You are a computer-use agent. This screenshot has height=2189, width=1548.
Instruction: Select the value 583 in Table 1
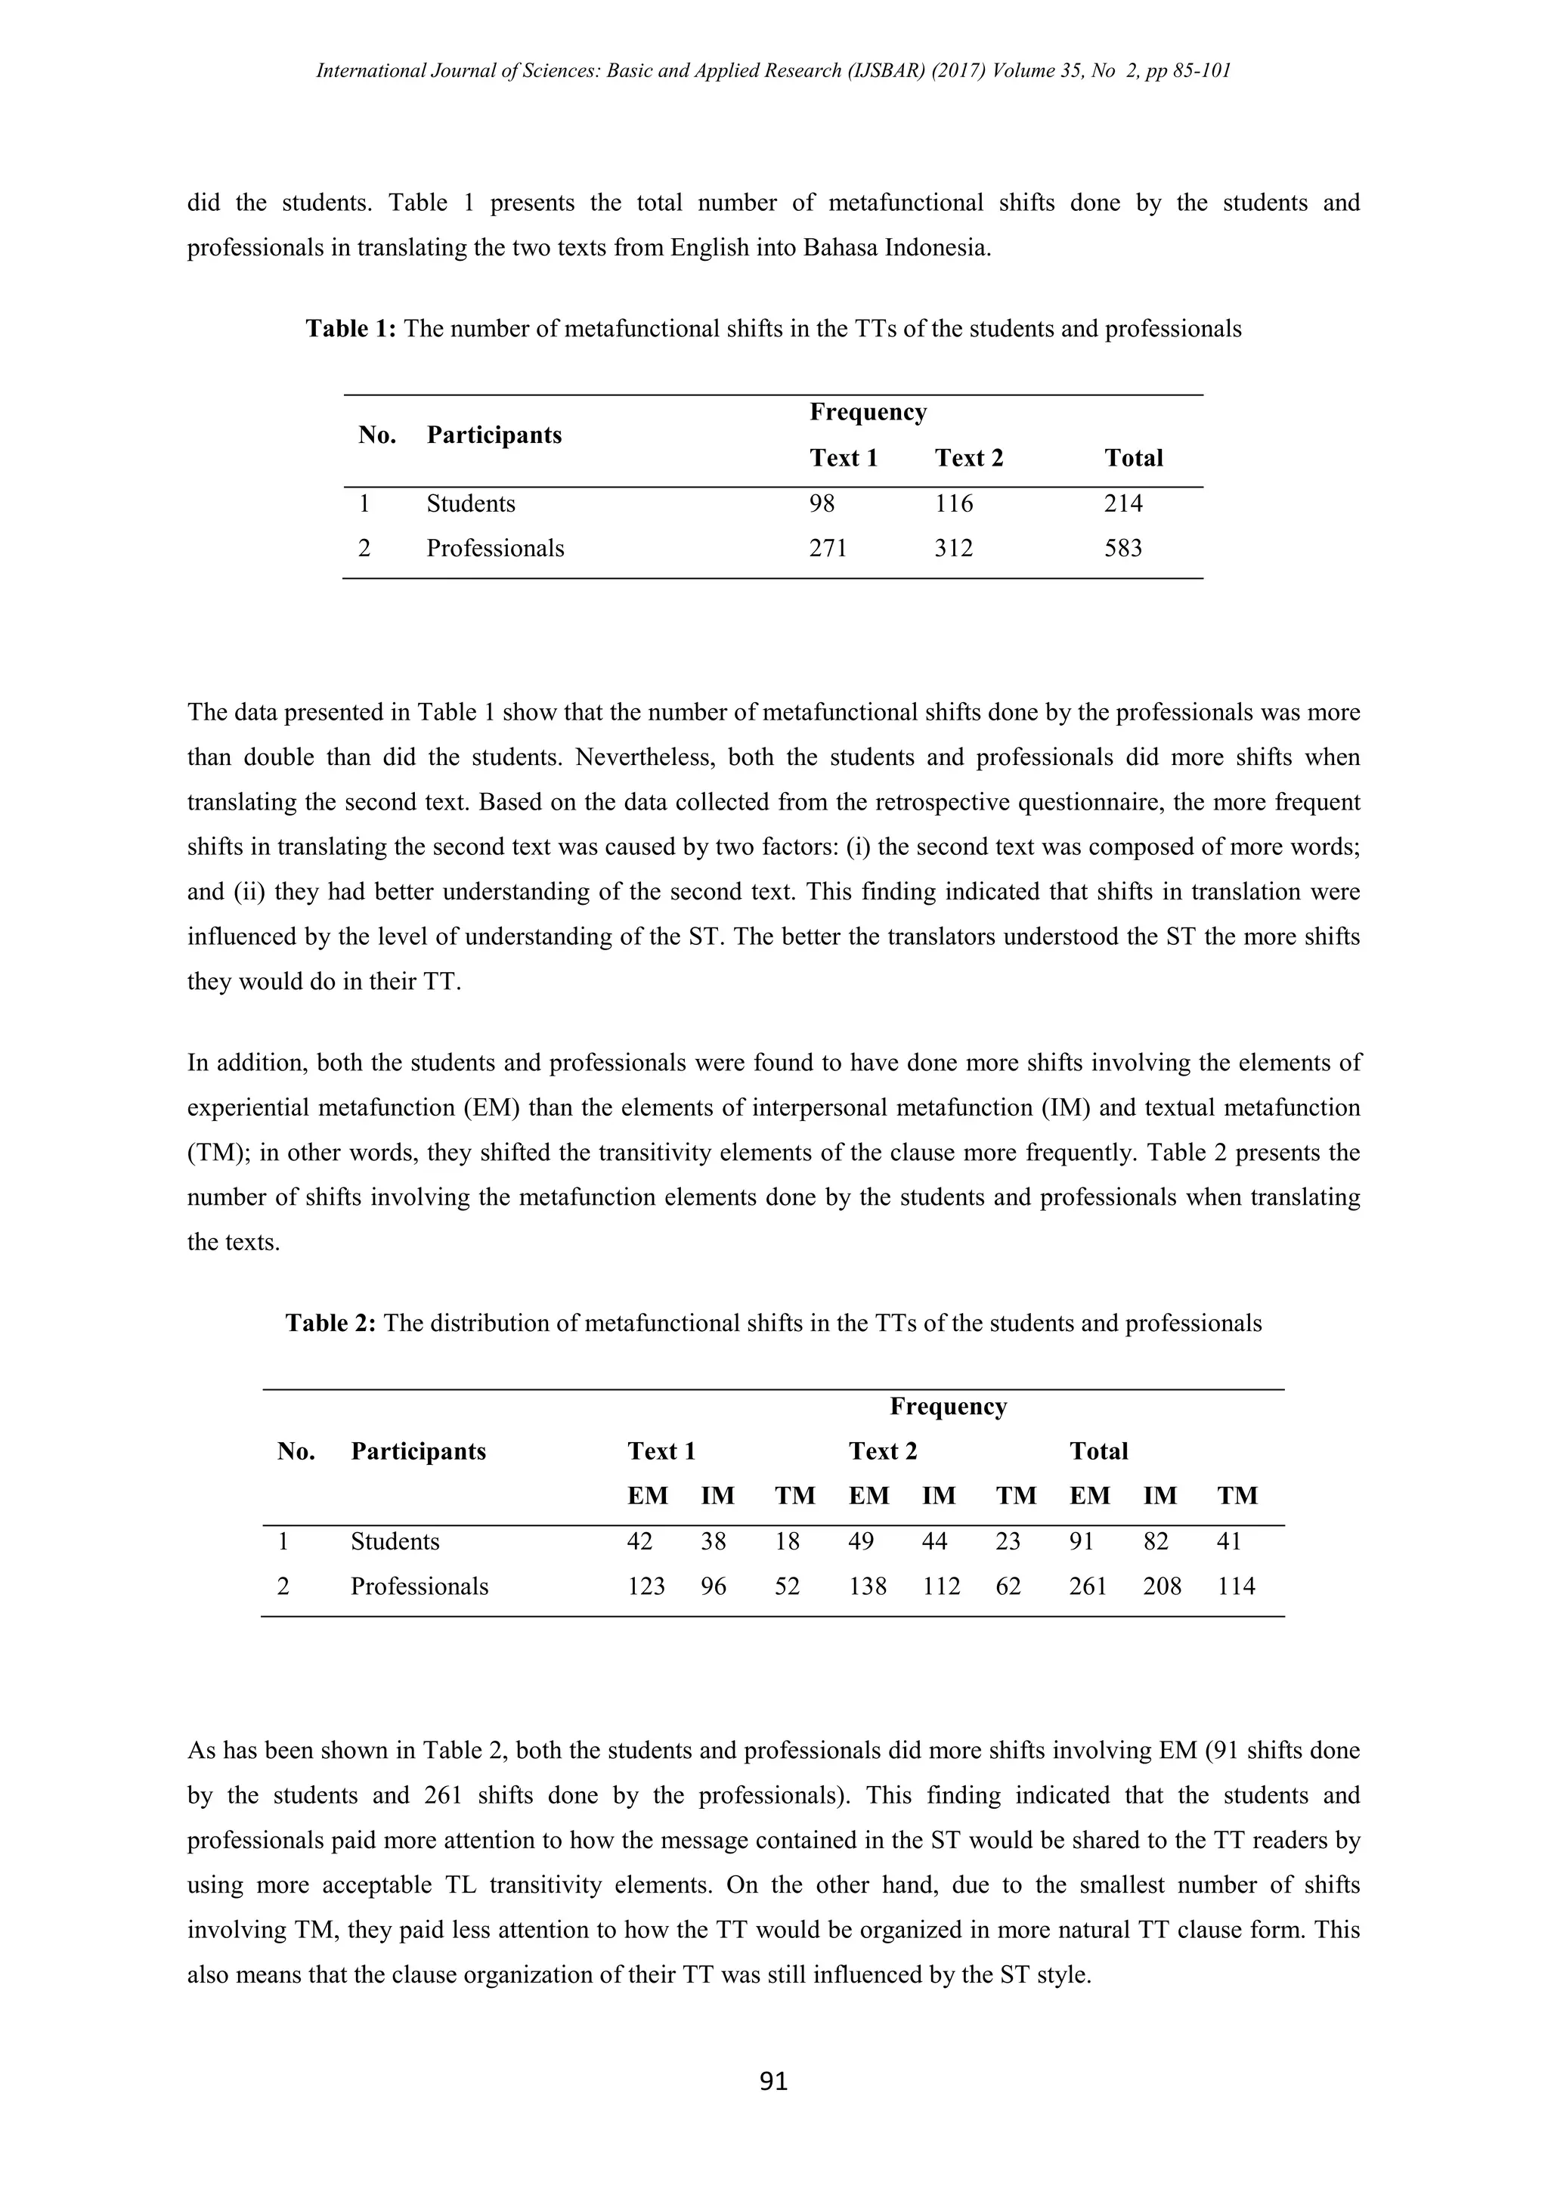point(1123,548)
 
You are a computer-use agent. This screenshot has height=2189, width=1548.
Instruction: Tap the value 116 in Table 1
point(954,503)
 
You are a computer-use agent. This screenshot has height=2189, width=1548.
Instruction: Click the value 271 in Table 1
point(828,548)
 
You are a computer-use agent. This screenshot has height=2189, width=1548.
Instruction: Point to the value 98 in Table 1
point(822,503)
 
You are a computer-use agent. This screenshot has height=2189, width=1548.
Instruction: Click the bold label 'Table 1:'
point(351,329)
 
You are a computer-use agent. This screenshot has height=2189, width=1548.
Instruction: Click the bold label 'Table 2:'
point(331,1324)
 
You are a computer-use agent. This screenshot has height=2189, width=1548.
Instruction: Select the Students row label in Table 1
point(471,503)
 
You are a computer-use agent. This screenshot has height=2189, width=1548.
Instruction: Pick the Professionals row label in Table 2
point(420,1587)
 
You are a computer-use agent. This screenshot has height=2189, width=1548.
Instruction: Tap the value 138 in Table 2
point(868,1587)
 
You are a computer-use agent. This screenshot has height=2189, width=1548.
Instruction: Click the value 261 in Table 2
point(1088,1587)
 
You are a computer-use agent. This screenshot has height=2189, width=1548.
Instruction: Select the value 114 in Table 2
point(1237,1587)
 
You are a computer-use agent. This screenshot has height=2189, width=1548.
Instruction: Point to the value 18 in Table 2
point(788,1542)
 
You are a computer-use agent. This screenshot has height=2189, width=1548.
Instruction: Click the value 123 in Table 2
point(646,1587)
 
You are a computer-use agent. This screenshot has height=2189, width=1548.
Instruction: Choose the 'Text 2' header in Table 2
point(883,1451)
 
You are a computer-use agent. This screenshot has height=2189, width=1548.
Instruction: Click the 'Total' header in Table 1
point(1133,459)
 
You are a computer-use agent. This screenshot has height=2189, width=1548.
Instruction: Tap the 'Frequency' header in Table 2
point(949,1406)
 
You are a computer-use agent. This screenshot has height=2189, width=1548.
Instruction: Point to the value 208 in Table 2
point(1162,1587)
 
